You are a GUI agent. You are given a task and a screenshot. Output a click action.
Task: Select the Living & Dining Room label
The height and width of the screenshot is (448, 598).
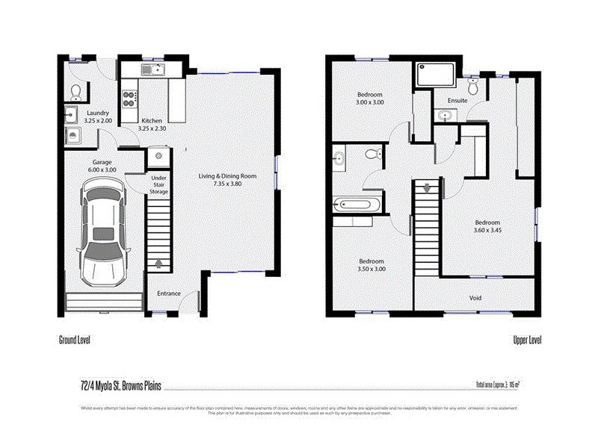pyautogui.click(x=227, y=180)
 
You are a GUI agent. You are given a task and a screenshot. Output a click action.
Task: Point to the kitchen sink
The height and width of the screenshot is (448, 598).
pyautogui.click(x=155, y=71)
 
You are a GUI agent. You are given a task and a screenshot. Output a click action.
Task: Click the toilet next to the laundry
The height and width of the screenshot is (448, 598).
pyautogui.click(x=75, y=92)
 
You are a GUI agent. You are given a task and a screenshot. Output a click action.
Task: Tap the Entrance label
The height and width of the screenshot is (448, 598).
pyautogui.click(x=168, y=293)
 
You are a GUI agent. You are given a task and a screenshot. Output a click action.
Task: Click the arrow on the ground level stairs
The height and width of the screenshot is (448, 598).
pyautogui.click(x=158, y=263)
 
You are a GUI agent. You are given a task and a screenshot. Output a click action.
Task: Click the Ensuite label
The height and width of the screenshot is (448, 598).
pyautogui.click(x=457, y=100)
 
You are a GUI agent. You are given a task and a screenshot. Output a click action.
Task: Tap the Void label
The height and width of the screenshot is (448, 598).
pyautogui.click(x=475, y=298)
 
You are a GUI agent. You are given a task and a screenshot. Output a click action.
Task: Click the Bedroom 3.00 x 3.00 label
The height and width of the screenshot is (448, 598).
pyautogui.click(x=370, y=98)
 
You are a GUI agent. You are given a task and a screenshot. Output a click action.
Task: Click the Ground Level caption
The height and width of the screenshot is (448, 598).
pyautogui.click(x=75, y=340)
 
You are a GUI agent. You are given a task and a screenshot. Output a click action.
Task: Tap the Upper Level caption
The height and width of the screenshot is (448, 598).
pyautogui.click(x=527, y=340)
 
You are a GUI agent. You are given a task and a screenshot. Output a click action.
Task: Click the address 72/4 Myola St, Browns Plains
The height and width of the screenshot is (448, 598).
pyautogui.click(x=112, y=385)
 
